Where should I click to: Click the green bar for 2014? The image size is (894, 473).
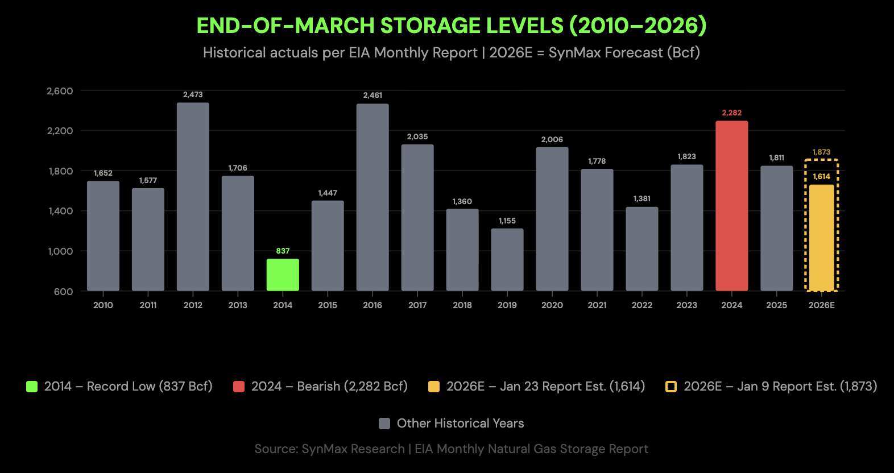(283, 275)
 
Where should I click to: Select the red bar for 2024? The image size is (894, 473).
(731, 206)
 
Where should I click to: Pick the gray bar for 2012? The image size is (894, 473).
(193, 197)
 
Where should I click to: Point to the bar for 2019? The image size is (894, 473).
(507, 260)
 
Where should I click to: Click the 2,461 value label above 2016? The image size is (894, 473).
(372, 96)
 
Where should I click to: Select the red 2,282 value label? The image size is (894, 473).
(731, 113)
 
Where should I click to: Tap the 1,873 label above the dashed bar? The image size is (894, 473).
(821, 152)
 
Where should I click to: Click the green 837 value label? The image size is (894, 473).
(283, 251)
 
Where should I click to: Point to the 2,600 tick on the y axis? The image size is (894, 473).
(60, 91)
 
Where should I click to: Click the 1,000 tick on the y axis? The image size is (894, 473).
(60, 251)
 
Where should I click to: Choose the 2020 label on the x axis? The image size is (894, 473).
(552, 305)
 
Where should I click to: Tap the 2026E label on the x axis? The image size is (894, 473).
(821, 305)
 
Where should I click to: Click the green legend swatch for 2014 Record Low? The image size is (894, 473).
(32, 387)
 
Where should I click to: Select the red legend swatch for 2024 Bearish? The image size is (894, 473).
(239, 387)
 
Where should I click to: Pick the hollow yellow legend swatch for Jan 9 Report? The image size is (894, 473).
(671, 387)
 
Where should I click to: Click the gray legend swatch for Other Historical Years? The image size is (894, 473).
(384, 424)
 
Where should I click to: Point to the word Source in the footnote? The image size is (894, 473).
(275, 449)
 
